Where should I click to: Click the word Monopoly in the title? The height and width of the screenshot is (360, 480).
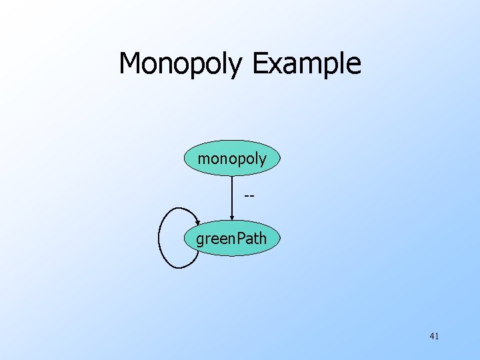pos(182,64)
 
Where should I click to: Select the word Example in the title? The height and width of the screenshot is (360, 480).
pos(307,64)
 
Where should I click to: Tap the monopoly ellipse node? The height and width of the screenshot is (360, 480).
pos(232,159)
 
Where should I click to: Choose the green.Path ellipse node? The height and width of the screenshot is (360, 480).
pos(231,238)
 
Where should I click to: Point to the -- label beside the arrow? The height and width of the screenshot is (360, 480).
pos(249,197)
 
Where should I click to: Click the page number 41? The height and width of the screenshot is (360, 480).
pos(434,336)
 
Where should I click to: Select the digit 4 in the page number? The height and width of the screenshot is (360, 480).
pos(432,336)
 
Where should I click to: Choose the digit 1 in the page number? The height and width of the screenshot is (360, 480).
pos(437,336)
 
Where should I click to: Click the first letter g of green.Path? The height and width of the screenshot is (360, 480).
pos(200,239)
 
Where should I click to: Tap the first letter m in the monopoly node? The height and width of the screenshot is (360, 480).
pos(203,159)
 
